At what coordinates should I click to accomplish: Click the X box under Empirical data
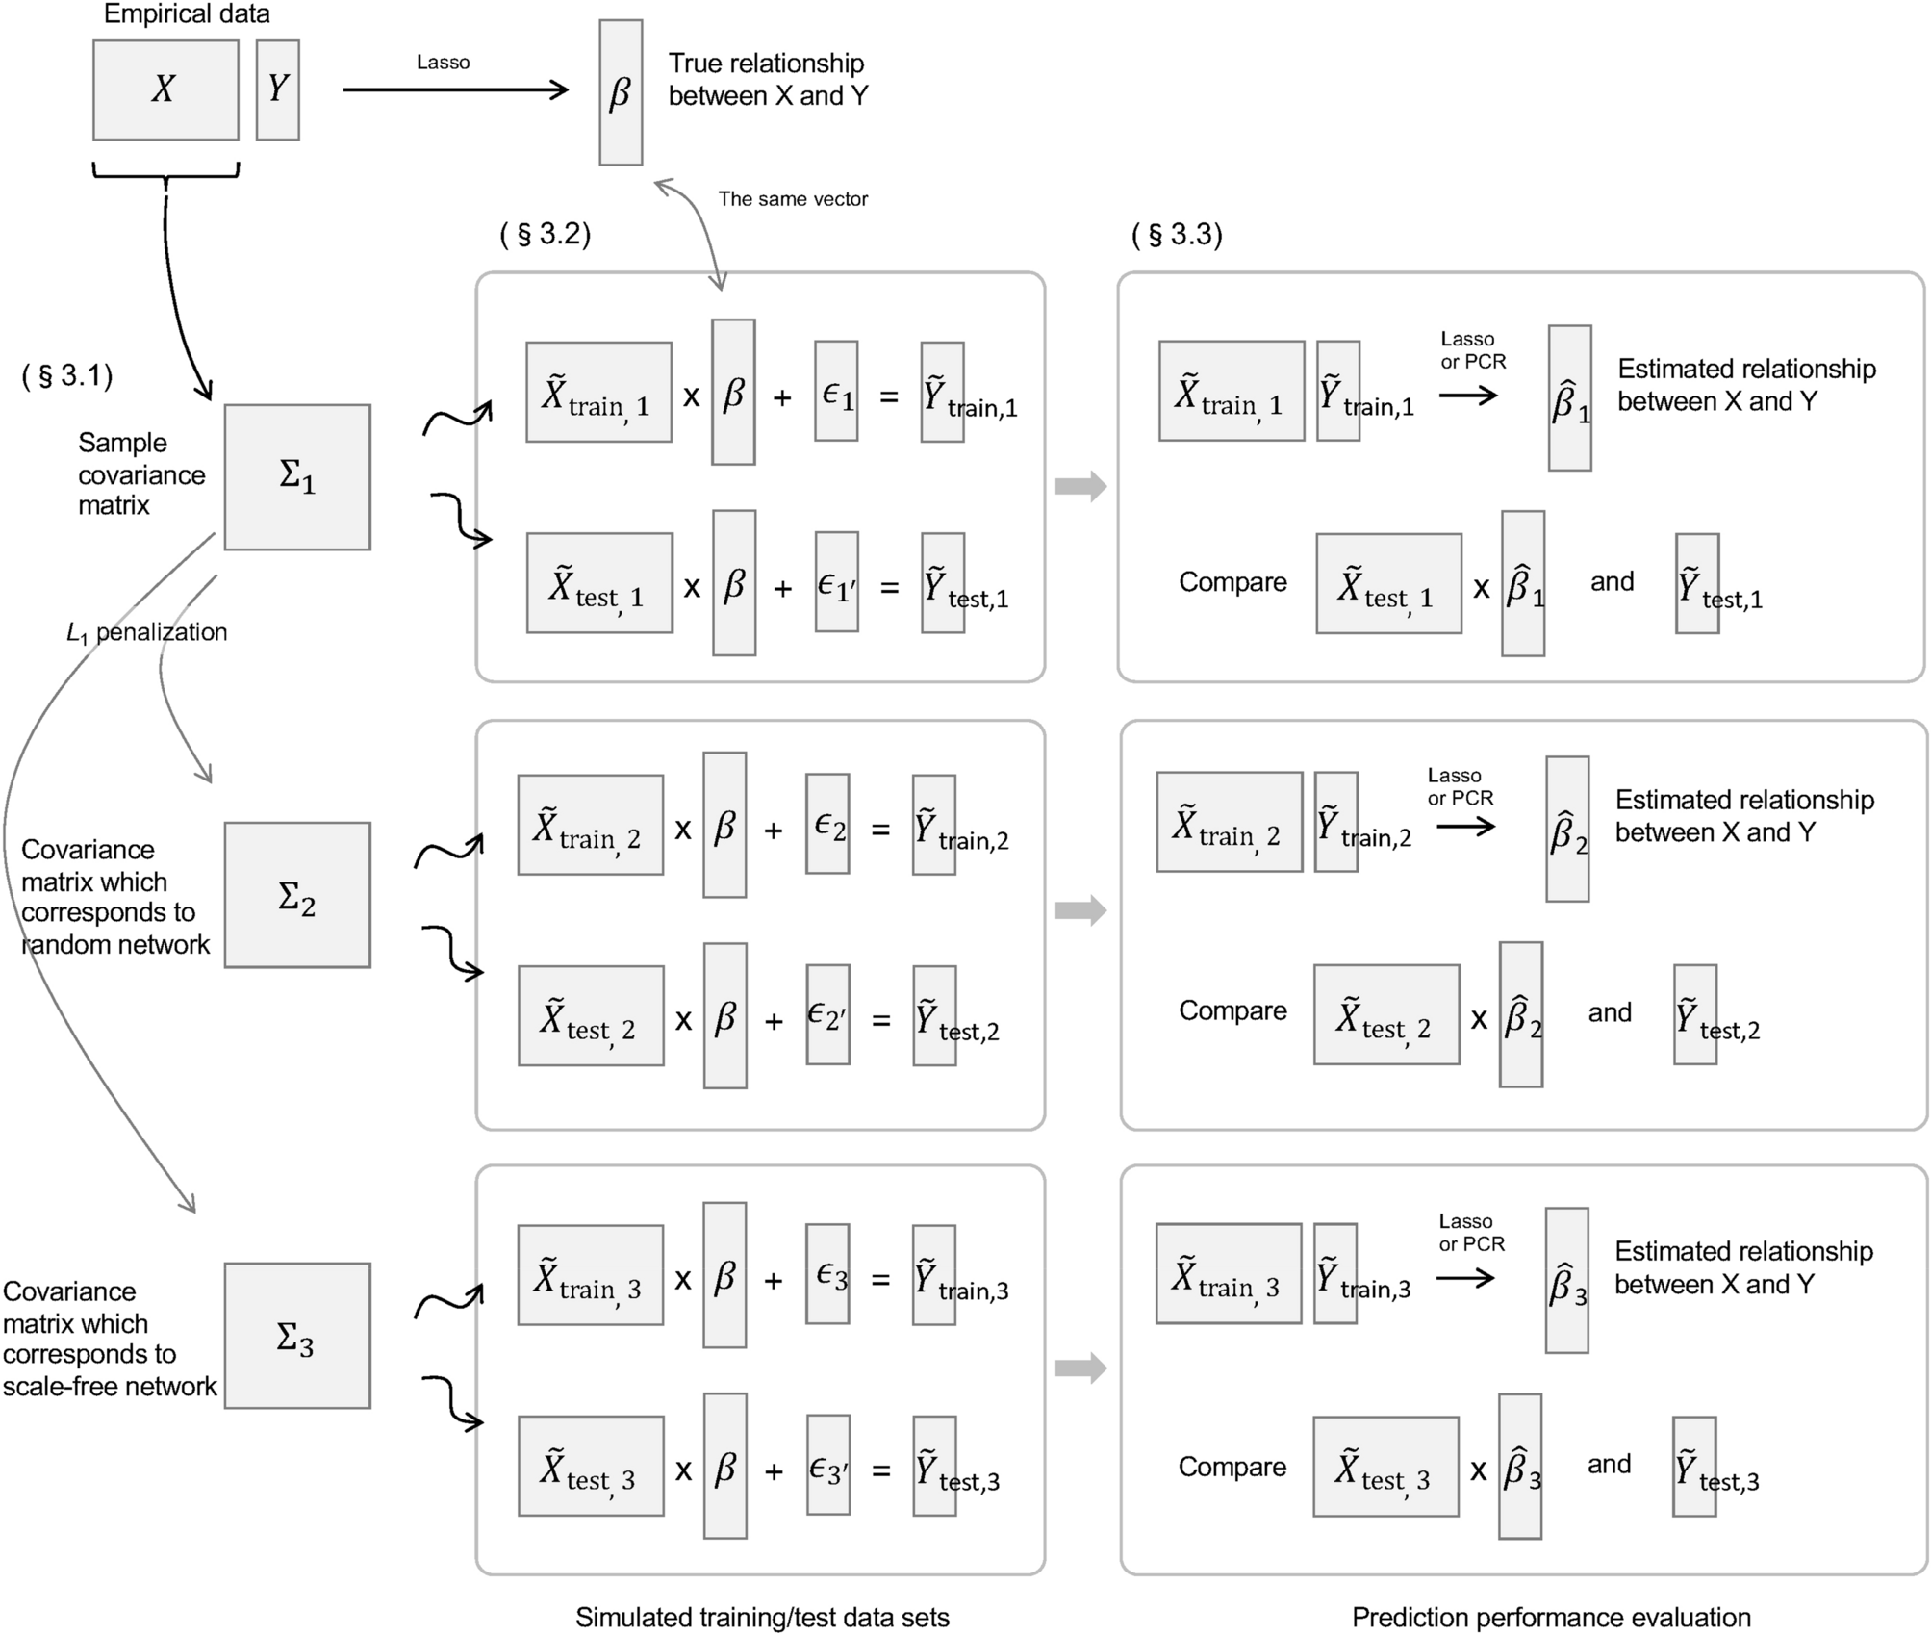tap(165, 89)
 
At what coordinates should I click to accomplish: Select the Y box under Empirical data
tap(277, 89)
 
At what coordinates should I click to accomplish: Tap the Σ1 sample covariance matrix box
tap(297, 476)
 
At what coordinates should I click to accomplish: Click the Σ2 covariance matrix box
tap(297, 894)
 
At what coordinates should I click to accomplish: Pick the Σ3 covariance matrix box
tap(297, 1335)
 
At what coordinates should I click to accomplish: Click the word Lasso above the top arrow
tap(443, 63)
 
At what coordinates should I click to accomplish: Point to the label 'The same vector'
tap(793, 199)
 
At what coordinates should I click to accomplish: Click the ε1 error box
tap(836, 391)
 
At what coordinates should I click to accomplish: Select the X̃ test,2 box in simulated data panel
tap(591, 1015)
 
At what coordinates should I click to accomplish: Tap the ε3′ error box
tap(828, 1465)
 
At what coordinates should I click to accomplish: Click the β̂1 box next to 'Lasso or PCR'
tap(1569, 397)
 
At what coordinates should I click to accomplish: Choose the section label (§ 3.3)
tap(1177, 234)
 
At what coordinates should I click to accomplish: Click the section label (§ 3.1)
tap(67, 375)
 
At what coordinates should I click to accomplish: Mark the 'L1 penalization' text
tap(146, 632)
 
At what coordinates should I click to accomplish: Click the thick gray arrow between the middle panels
tap(1080, 910)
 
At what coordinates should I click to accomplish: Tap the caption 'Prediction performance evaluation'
tap(1551, 1617)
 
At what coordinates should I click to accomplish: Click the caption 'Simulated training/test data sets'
tap(762, 1617)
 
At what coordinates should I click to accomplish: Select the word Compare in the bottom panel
tap(1232, 1466)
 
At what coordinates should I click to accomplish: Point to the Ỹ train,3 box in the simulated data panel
tap(934, 1274)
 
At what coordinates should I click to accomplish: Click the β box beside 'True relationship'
tap(621, 92)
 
